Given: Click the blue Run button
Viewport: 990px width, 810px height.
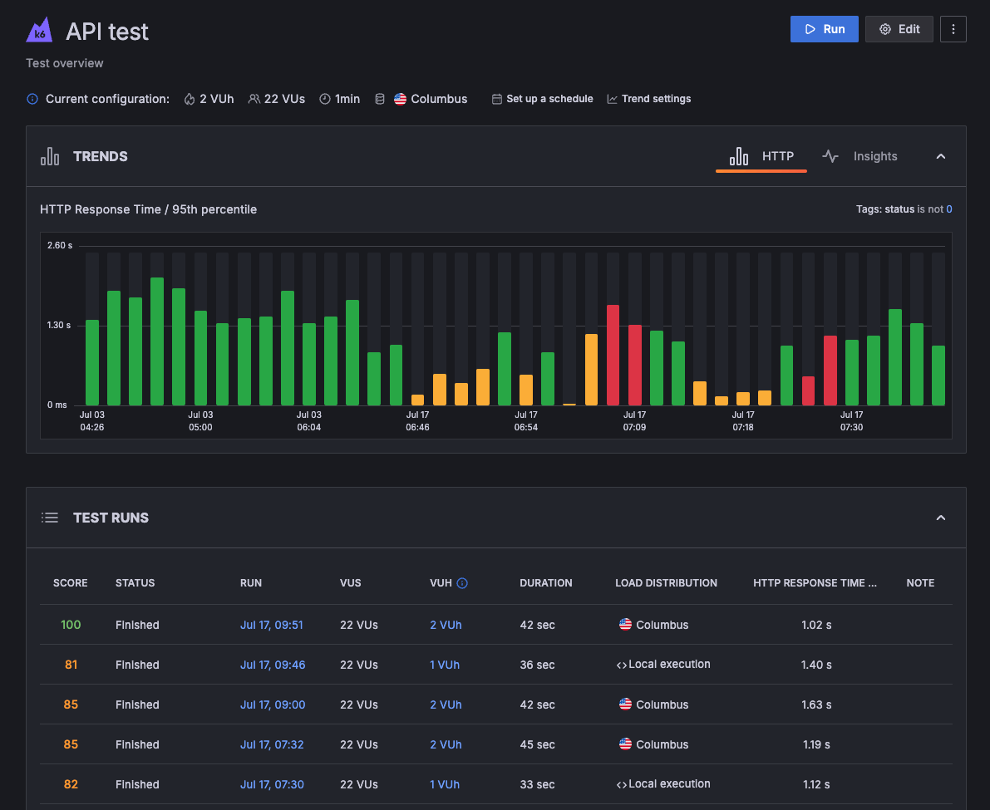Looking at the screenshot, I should [x=824, y=29].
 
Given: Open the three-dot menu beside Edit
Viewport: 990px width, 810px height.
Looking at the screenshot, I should [x=953, y=29].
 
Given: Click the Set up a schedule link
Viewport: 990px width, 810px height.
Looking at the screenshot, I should [x=542, y=99].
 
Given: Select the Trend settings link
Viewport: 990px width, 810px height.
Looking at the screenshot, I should [x=648, y=99].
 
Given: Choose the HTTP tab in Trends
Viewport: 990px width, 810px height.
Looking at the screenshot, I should [x=761, y=156].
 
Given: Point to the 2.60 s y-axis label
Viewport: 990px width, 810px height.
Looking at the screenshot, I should [x=60, y=245].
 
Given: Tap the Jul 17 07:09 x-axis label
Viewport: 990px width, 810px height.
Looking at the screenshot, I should [x=634, y=420].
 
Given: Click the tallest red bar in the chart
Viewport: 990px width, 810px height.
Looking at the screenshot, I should [x=613, y=355].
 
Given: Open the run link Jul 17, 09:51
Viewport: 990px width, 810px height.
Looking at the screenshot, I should [x=272, y=625].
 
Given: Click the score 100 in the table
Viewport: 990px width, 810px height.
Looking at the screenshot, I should [x=71, y=625].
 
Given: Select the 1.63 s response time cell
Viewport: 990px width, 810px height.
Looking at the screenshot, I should [x=816, y=704].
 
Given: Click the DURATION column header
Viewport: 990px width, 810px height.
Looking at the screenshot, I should [x=545, y=583].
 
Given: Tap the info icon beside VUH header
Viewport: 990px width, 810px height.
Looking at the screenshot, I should [x=462, y=583].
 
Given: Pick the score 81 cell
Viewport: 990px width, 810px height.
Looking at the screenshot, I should [x=71, y=665].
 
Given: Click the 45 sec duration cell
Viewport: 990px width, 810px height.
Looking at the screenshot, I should [x=537, y=744].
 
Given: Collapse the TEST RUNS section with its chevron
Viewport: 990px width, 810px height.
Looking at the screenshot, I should [x=941, y=518].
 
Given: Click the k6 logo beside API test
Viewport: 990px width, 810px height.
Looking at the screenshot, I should [x=39, y=32].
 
